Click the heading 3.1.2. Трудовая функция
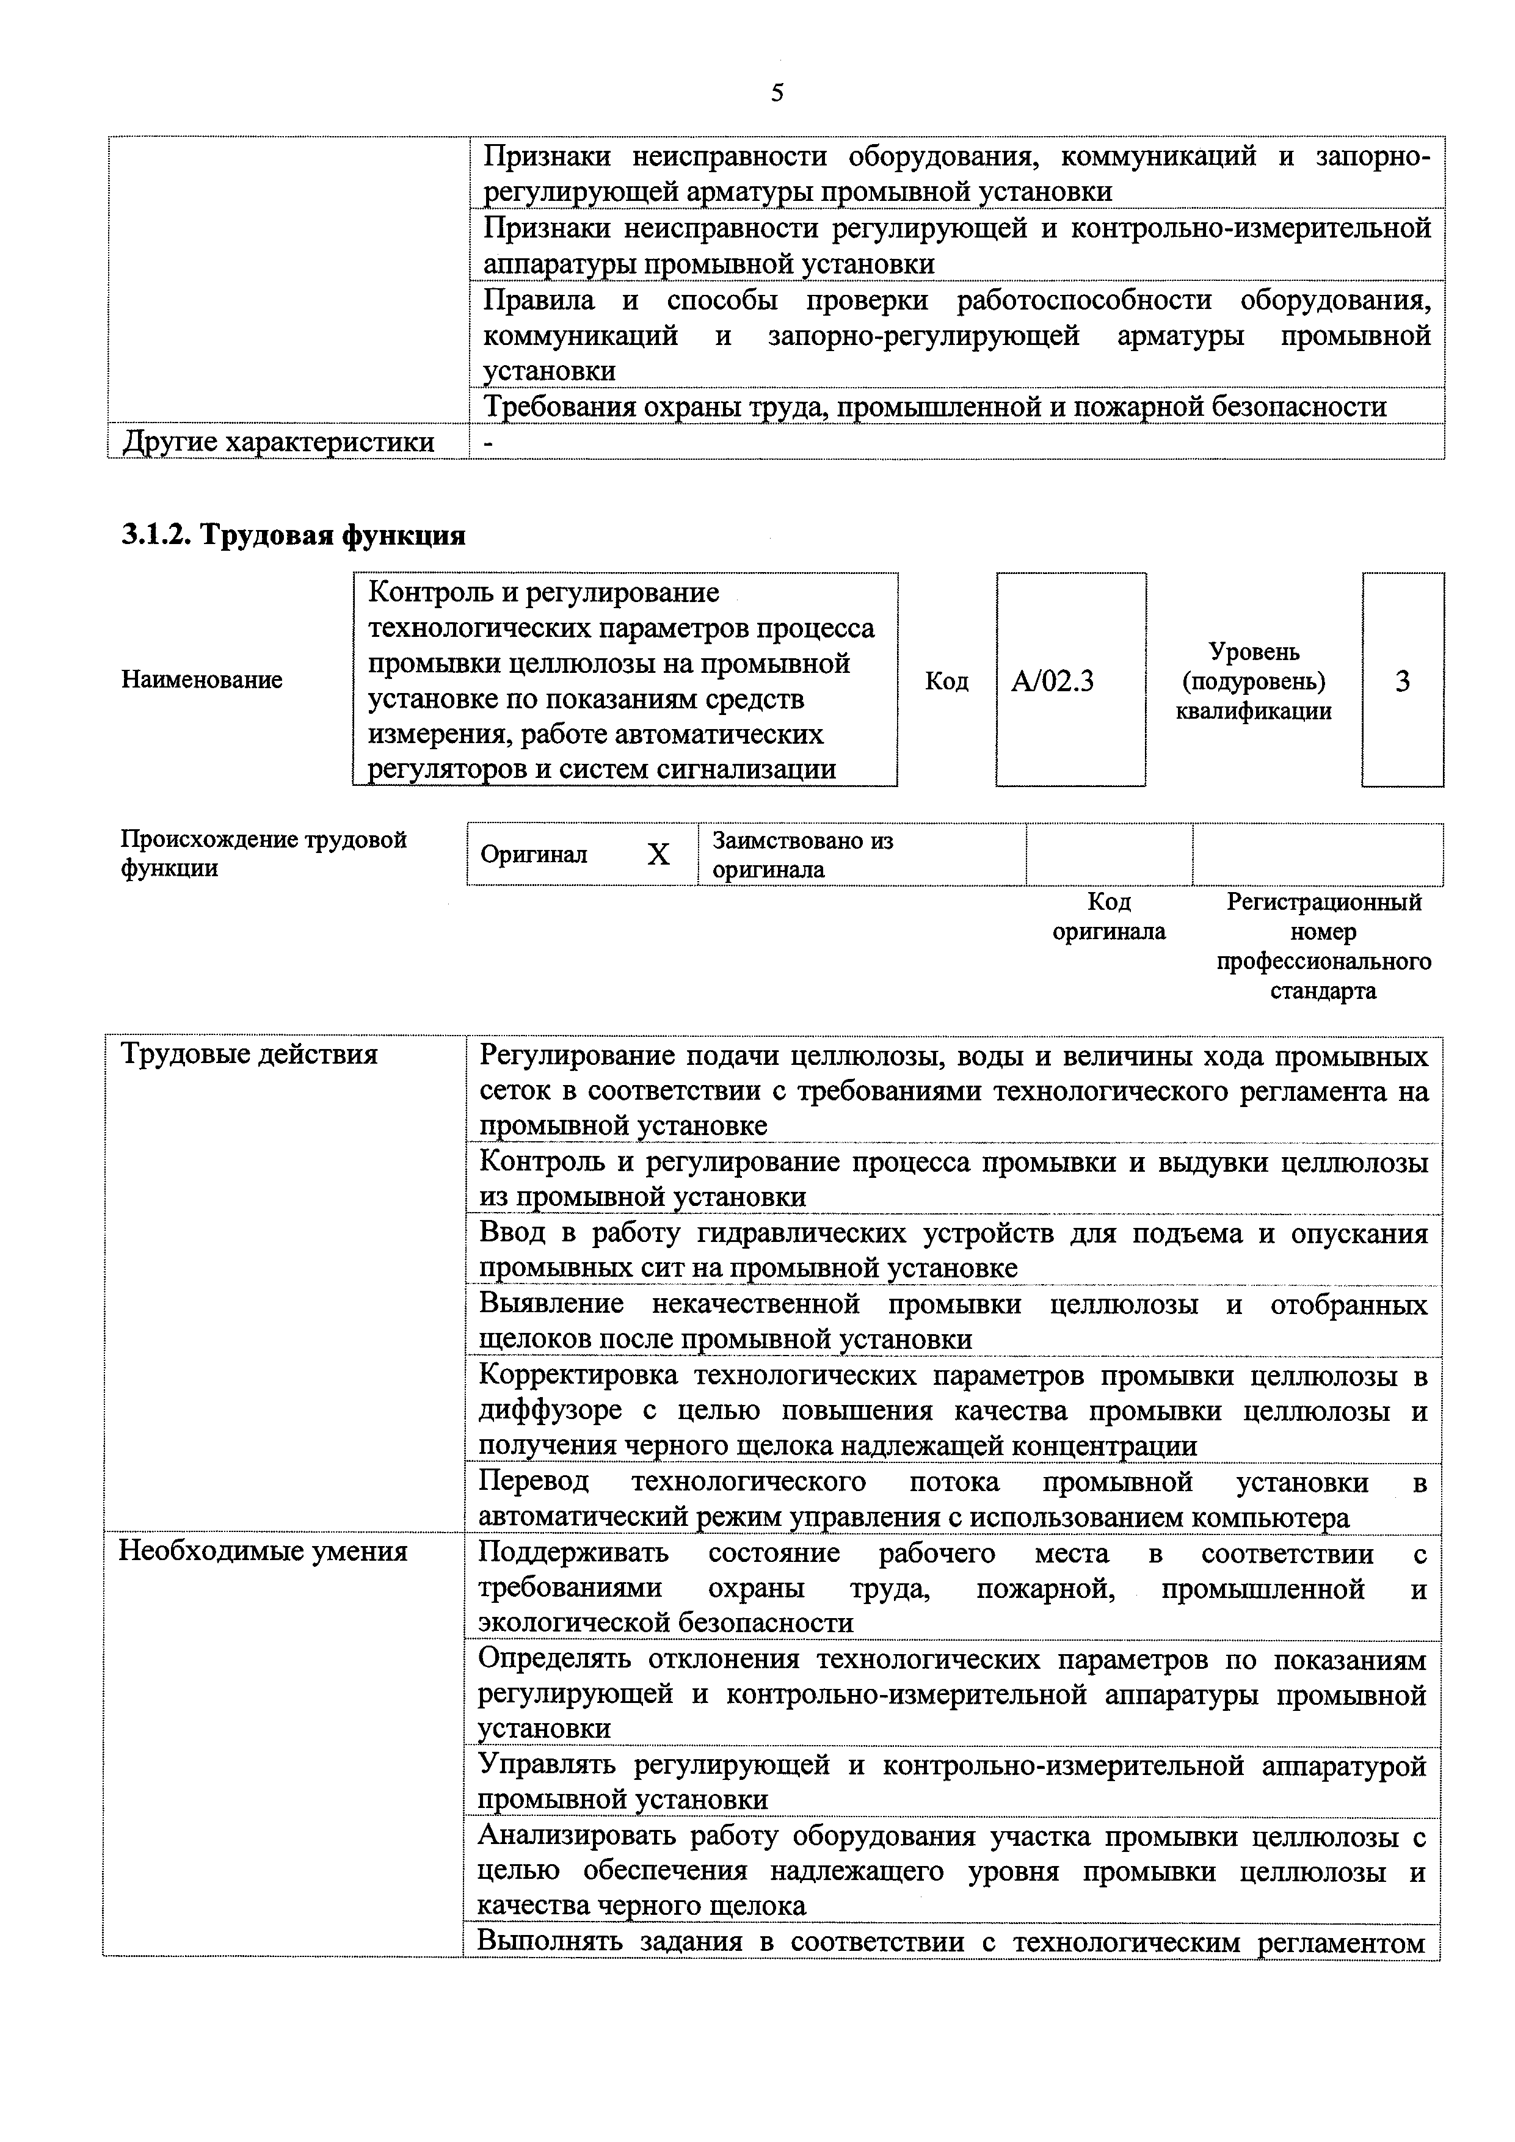tap(293, 534)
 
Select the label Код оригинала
tap(1108, 916)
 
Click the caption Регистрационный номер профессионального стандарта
tap(1323, 946)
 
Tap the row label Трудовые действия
tap(249, 1054)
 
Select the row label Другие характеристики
tap(278, 441)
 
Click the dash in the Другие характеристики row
tap(489, 442)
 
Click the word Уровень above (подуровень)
tap(1254, 651)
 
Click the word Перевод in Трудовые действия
tap(534, 1481)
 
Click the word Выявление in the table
tap(551, 1303)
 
